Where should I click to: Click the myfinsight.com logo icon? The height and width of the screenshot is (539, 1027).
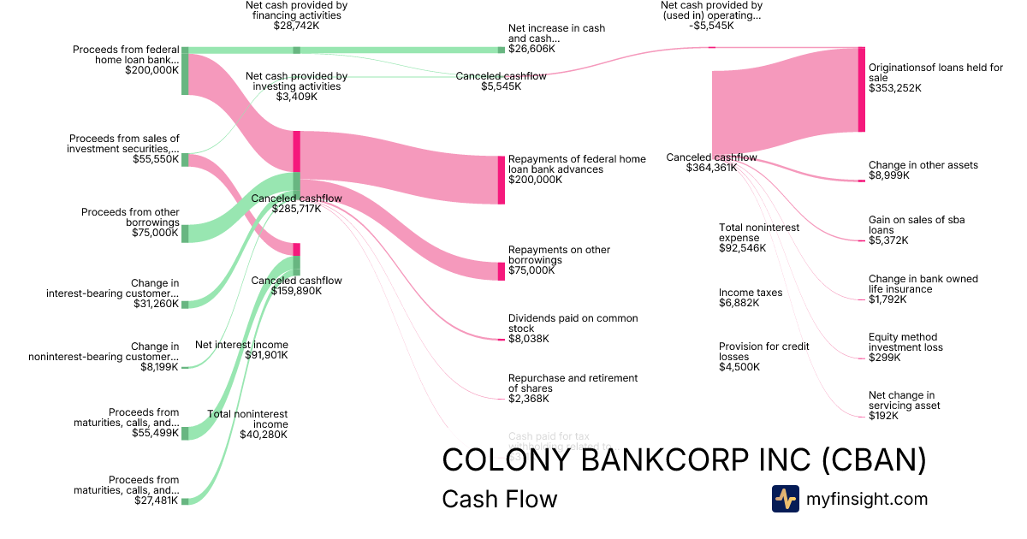click(x=786, y=499)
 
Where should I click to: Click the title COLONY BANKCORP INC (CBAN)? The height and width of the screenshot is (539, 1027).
click(x=684, y=460)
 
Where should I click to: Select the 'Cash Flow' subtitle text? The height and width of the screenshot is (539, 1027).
click(x=499, y=499)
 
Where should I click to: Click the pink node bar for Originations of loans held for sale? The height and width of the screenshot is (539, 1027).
click(x=862, y=90)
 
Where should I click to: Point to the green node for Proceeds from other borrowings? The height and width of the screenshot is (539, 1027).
click(x=185, y=233)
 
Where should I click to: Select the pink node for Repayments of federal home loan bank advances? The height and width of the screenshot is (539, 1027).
click(x=502, y=180)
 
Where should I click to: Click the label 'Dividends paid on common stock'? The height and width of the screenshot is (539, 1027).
click(x=573, y=323)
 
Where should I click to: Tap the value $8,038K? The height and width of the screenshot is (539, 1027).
click(x=529, y=339)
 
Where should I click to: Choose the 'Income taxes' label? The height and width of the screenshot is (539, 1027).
click(x=751, y=293)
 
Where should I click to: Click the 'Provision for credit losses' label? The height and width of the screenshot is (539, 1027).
click(x=763, y=352)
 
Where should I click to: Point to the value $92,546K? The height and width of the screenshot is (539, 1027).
click(x=743, y=248)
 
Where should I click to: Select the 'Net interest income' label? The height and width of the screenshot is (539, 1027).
click(x=242, y=345)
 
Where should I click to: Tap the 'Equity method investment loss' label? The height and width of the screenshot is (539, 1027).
click(x=905, y=342)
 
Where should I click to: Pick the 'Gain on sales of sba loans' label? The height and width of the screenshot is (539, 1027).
click(x=916, y=225)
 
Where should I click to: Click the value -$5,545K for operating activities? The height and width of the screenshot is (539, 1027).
click(x=711, y=26)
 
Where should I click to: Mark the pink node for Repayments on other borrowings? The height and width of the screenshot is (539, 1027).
click(x=502, y=271)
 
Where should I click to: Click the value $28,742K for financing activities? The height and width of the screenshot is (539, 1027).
click(x=296, y=26)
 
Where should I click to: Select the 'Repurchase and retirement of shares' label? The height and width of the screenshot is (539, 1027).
click(x=573, y=383)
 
